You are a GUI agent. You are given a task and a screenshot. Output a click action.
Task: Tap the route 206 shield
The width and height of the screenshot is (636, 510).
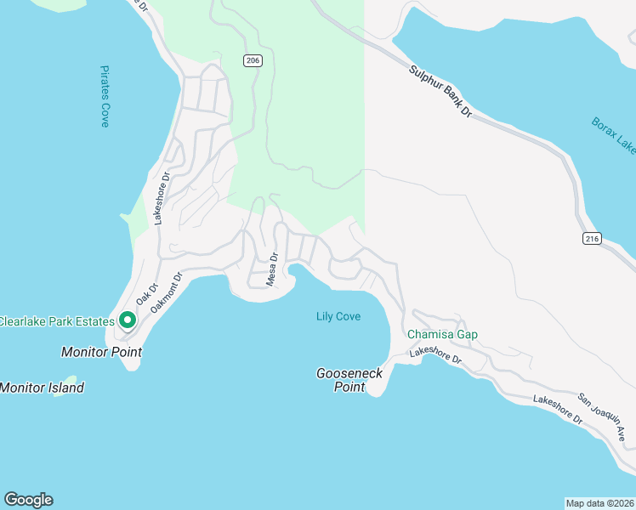point(252,60)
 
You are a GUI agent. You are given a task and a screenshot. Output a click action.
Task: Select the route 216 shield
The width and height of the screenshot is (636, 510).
point(592,240)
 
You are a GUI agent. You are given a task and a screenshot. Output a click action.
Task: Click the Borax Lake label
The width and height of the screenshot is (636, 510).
point(614,136)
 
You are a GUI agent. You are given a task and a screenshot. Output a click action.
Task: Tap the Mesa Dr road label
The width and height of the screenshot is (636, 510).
point(273,269)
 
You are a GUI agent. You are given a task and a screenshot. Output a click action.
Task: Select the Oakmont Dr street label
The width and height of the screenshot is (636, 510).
point(167,292)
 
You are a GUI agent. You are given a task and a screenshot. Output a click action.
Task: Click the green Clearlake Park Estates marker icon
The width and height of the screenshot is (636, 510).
point(128,320)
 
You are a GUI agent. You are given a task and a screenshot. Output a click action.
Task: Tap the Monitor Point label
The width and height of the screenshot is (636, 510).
point(101,351)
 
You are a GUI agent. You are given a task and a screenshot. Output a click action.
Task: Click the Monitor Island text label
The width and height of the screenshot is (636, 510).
point(42,388)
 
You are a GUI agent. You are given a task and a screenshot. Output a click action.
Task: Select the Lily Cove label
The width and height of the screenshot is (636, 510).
point(338,317)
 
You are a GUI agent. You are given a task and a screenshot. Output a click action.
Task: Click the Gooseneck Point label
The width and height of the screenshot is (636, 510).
point(349,380)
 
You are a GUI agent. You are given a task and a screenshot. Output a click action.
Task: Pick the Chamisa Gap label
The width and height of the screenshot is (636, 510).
point(442,334)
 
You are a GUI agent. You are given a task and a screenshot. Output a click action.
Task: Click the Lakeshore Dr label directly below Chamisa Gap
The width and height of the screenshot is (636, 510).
point(434,355)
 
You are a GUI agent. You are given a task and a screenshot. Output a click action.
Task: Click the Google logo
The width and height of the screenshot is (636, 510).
point(28,500)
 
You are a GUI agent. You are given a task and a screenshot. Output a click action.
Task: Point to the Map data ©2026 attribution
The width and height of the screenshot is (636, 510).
point(599,502)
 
